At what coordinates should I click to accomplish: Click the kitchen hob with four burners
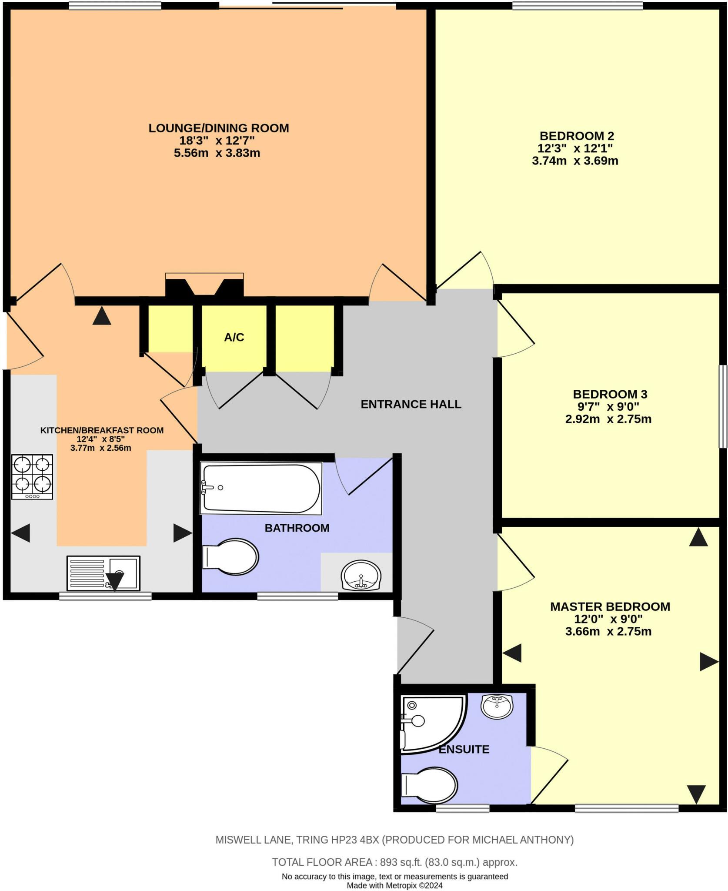point(32,477)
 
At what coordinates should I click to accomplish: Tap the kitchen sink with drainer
point(103,573)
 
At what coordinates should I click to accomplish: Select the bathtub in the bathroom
point(261,488)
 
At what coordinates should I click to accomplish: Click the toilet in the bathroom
point(231,556)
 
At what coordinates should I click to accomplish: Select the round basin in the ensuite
point(497,706)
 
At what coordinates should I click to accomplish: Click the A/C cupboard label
point(234,337)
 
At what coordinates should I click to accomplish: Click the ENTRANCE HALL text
point(411,404)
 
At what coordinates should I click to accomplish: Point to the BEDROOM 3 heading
point(610,394)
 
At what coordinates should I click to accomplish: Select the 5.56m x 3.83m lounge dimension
point(217,153)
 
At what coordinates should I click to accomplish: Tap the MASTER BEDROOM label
point(610,606)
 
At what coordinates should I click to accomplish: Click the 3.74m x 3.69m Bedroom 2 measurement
point(575,161)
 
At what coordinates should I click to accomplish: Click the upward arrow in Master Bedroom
point(698,537)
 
